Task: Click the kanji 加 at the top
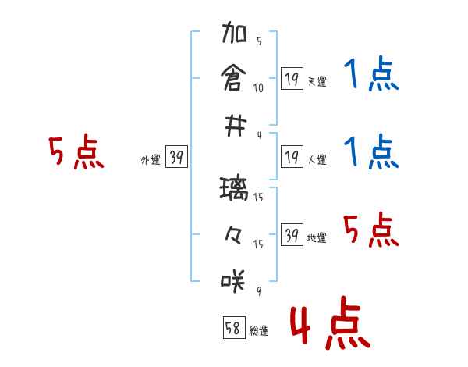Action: (234, 35)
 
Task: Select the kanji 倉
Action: (234, 78)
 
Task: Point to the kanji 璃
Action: (234, 190)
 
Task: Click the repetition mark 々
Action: (234, 233)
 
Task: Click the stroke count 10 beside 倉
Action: (258, 88)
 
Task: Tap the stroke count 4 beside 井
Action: (258, 135)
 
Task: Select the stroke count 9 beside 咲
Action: (258, 290)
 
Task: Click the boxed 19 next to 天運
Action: (292, 78)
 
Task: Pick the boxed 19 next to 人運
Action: (292, 157)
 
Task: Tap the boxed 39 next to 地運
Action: (292, 235)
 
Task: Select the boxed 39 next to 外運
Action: (176, 158)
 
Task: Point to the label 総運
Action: (259, 331)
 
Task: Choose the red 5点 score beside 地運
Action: (371, 231)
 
